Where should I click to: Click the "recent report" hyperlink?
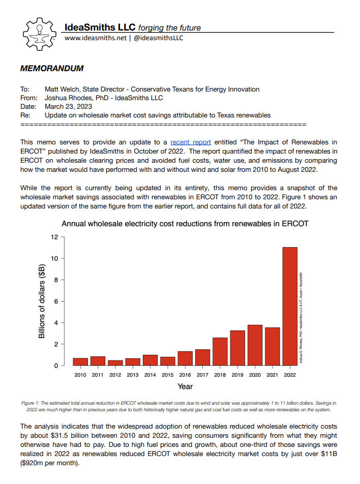[x=191, y=142]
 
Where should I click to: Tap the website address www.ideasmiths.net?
[x=95, y=38]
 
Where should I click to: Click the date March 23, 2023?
[x=69, y=106]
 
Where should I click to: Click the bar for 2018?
[x=220, y=351]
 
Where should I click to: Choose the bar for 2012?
[x=115, y=362]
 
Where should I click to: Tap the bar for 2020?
[x=255, y=345]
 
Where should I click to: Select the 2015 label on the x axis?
[x=167, y=375]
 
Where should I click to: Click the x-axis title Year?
[x=185, y=387]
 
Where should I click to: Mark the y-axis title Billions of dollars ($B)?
[x=42, y=301]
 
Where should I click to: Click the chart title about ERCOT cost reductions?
[x=185, y=224]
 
